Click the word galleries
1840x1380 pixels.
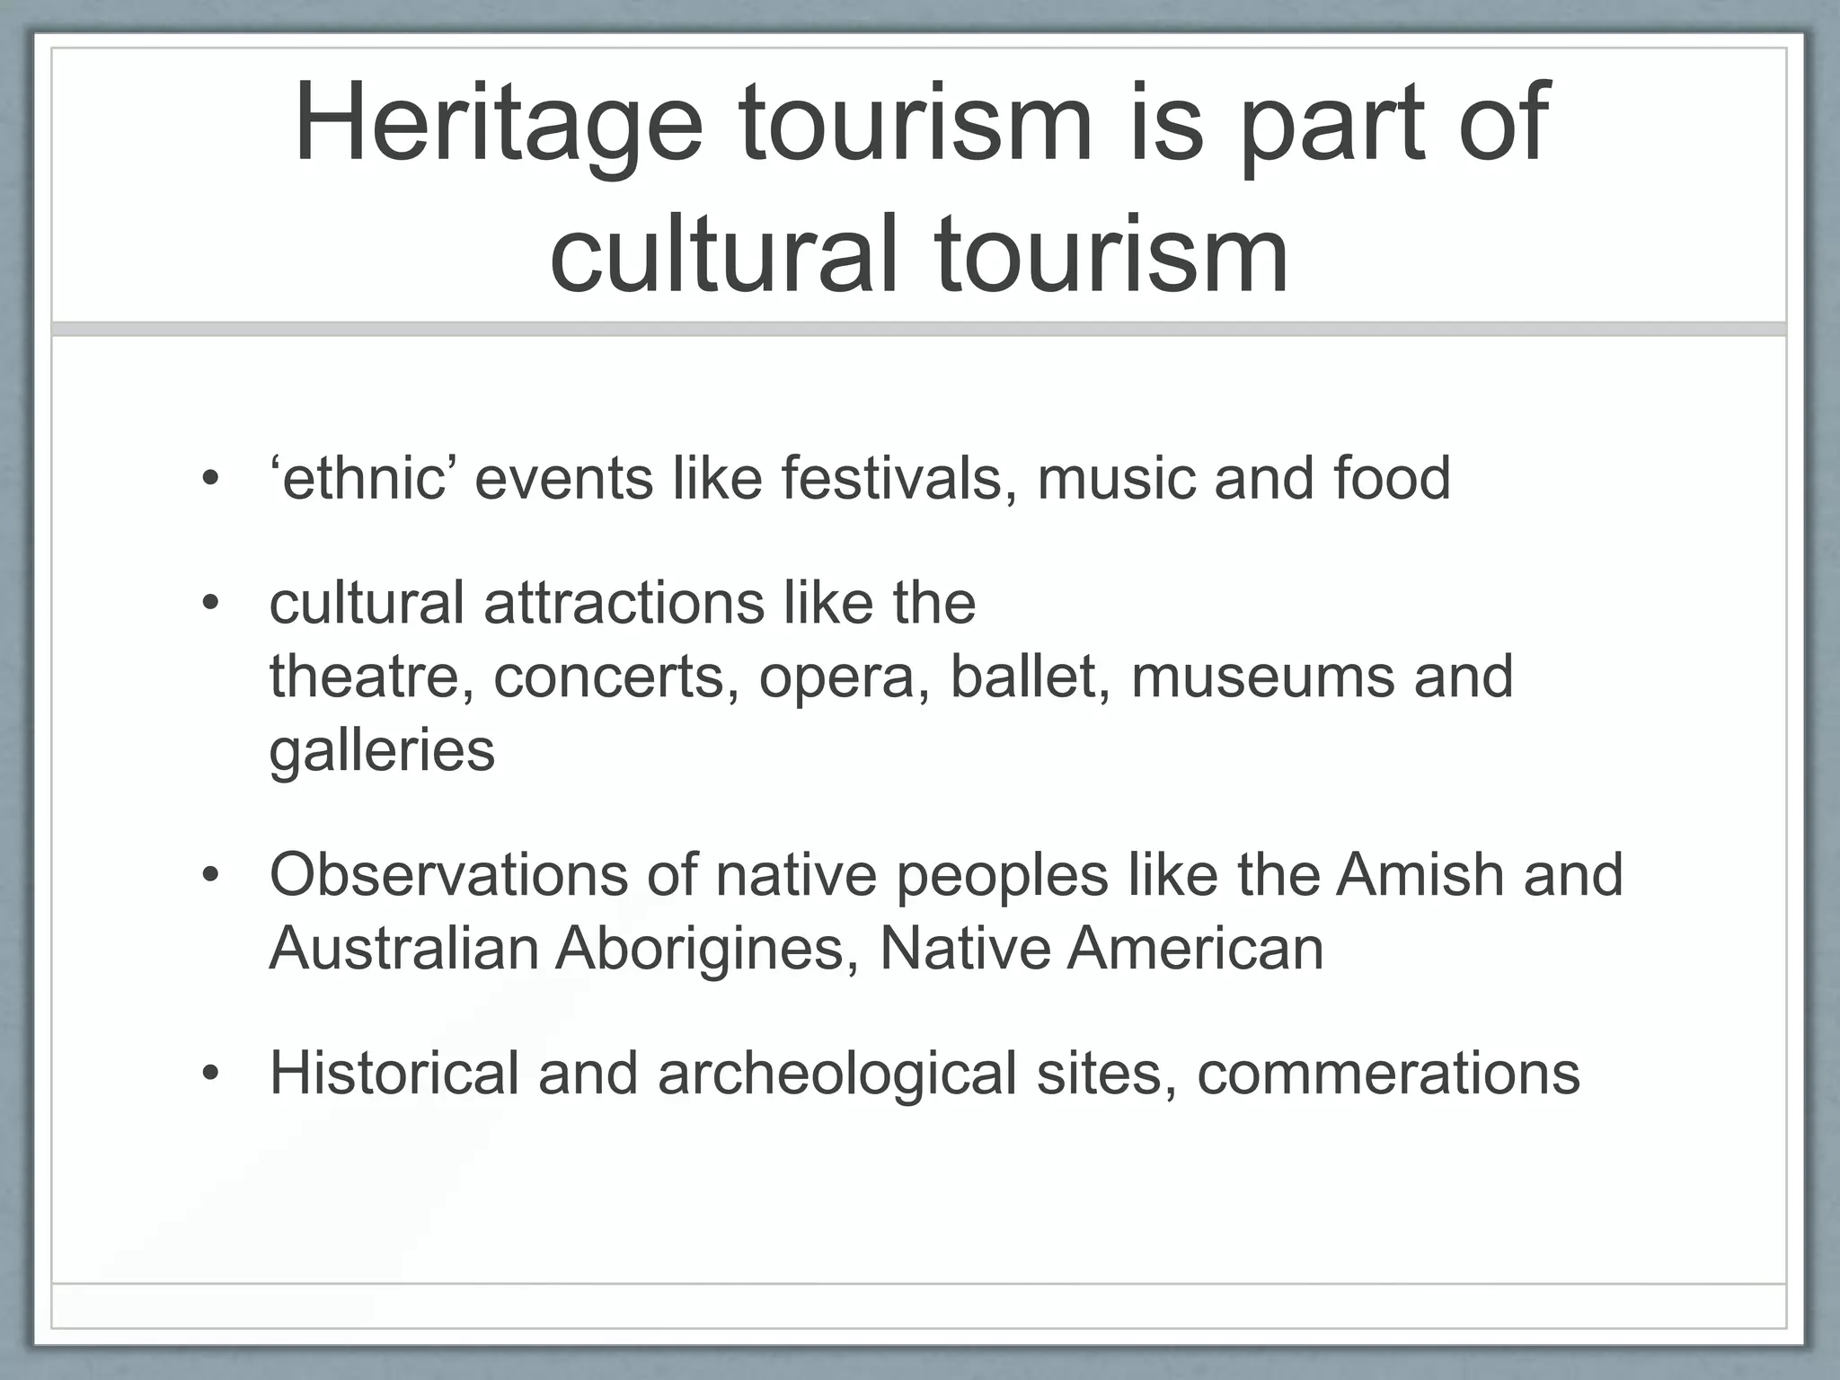coord(382,751)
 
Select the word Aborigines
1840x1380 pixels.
coord(707,949)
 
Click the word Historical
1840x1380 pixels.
coord(394,1073)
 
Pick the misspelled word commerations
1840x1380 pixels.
coord(1388,1073)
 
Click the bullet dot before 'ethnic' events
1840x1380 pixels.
coord(210,479)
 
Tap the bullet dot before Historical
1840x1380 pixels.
coord(210,1075)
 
